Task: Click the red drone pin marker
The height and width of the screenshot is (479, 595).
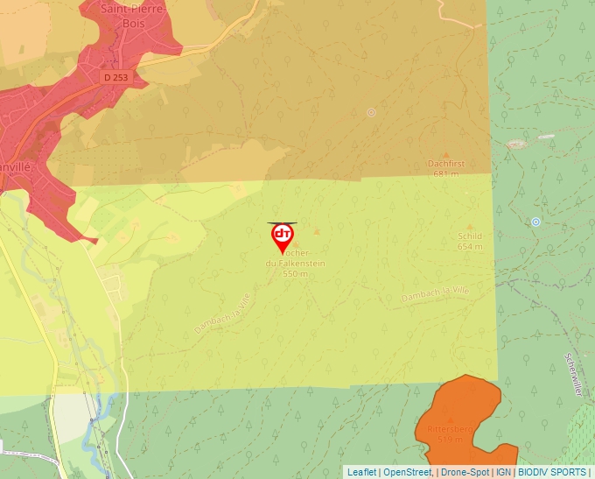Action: (282, 236)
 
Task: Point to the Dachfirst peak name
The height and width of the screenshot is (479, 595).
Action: (445, 164)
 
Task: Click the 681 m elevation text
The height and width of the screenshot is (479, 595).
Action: (445, 173)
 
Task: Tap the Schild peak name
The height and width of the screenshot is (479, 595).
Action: (470, 236)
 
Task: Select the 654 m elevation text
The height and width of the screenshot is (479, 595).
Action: (470, 246)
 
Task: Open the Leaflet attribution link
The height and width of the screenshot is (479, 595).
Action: (361, 472)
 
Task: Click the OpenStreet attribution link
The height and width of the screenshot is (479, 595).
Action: (407, 472)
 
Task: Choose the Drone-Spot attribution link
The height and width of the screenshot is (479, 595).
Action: (464, 472)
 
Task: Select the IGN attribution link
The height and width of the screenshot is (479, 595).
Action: (504, 472)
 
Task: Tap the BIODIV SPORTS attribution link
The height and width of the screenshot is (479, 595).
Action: (552, 472)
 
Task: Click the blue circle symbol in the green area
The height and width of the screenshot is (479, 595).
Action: (535, 222)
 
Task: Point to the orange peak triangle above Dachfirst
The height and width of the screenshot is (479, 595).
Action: (445, 154)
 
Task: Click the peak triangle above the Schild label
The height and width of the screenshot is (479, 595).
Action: (470, 227)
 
